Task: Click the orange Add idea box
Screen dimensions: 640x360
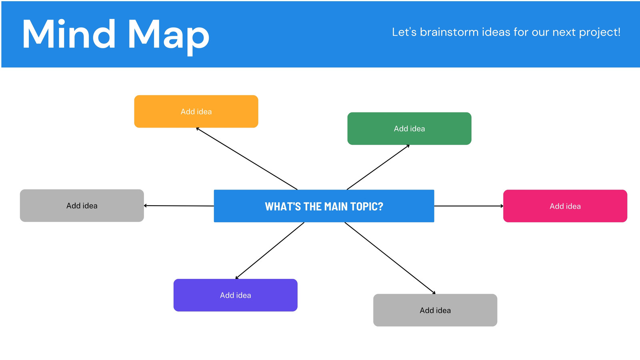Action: [196, 112]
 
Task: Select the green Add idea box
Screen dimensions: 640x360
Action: [410, 128]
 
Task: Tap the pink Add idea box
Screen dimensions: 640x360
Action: [565, 206]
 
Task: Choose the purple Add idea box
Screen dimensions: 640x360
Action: [236, 295]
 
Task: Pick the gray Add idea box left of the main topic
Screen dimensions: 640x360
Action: [82, 206]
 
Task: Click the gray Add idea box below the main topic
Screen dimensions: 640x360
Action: [435, 310]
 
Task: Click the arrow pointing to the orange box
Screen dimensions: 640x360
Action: [246, 158]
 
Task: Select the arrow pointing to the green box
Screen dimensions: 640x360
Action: [378, 167]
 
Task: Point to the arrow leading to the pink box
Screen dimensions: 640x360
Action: [469, 206]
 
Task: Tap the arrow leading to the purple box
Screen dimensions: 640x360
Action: [270, 250]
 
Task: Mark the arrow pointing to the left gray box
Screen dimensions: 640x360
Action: [179, 206]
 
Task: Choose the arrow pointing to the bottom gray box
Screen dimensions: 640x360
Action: [390, 258]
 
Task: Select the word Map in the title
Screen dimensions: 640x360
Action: [169, 36]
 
